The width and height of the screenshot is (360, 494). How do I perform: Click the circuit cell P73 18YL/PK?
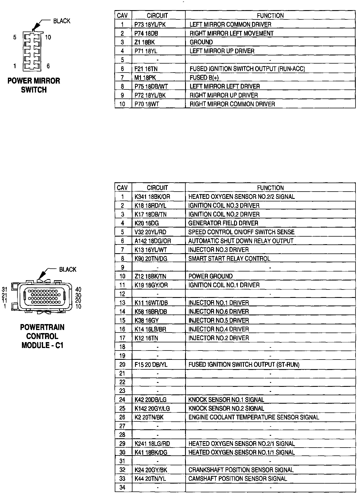point(150,24)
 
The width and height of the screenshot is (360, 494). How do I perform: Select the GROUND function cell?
point(201,42)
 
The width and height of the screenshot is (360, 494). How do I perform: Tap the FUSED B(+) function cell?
point(204,78)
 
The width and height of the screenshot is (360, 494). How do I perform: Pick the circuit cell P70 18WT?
point(147,104)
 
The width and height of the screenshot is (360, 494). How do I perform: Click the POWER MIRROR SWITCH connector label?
point(34,85)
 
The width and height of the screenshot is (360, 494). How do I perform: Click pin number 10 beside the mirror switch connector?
point(48,37)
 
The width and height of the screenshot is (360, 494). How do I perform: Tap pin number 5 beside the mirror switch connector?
point(15,37)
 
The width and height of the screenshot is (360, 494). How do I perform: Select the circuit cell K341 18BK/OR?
point(152,197)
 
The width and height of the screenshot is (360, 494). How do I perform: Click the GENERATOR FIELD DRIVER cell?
point(223,223)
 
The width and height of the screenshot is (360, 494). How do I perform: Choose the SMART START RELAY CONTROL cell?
point(229,259)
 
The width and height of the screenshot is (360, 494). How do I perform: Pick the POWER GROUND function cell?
point(210,276)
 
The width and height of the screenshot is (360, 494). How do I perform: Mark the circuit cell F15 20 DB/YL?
point(151,365)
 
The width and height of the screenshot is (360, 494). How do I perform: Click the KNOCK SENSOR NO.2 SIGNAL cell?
point(226,408)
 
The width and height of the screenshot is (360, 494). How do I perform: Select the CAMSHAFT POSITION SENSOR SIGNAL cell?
point(238,479)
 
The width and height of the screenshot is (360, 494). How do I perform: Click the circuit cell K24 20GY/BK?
point(151,470)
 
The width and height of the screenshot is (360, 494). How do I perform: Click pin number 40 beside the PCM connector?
point(78,289)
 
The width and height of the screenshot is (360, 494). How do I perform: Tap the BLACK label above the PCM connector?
point(67,270)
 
